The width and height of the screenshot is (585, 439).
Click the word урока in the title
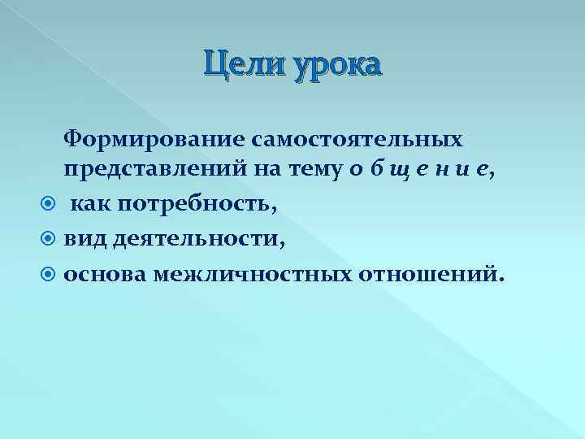pyautogui.click(x=332, y=65)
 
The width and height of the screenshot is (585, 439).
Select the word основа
pyautogui.click(x=105, y=274)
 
